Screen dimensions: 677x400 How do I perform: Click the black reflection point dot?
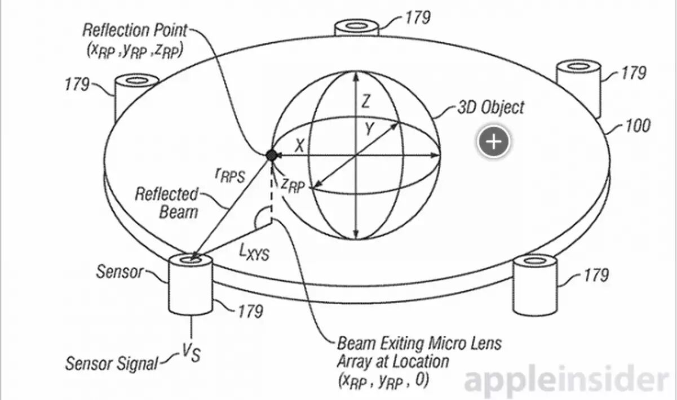(x=271, y=155)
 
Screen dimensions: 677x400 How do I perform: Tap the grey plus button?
(x=494, y=141)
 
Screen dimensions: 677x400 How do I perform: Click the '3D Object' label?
(x=491, y=108)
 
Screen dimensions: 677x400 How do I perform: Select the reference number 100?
(x=638, y=126)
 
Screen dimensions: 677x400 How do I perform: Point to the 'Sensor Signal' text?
(x=112, y=363)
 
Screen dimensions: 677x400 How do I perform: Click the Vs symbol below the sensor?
(x=191, y=353)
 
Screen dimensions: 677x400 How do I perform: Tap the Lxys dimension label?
(x=254, y=252)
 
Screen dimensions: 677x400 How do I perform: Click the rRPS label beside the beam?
(x=229, y=175)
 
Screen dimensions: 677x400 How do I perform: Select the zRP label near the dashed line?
(x=293, y=185)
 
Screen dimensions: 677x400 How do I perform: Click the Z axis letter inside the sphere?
(x=366, y=101)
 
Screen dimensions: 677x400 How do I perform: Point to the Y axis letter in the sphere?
(x=369, y=129)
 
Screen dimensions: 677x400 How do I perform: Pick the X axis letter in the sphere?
(x=299, y=145)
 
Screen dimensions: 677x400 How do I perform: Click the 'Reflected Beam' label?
(x=166, y=203)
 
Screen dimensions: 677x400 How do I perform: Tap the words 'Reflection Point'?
(x=135, y=30)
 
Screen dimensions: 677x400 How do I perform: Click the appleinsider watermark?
(x=567, y=381)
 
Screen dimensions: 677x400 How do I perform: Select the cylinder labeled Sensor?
(x=191, y=284)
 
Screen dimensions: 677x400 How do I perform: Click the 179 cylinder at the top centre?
(x=357, y=28)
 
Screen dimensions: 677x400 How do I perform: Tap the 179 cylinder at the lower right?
(x=536, y=285)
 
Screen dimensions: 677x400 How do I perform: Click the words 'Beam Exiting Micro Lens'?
(x=419, y=344)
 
